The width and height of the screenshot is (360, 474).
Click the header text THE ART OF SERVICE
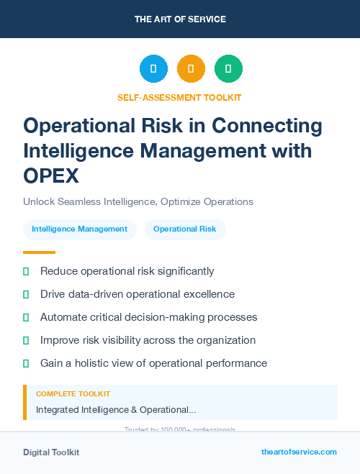pos(180,19)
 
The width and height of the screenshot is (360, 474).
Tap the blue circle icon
pos(153,69)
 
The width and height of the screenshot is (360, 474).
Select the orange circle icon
pos(191,69)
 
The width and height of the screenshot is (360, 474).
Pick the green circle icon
pos(228,69)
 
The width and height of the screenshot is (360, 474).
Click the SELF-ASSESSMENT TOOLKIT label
pos(179,97)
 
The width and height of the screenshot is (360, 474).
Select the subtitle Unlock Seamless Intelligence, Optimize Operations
pos(138,201)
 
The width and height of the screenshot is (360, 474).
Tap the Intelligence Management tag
pos(79,229)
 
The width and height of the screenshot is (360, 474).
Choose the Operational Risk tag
pos(185,229)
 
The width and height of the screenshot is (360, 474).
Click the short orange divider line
pos(39,252)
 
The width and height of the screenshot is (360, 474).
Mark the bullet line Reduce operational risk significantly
pos(127,271)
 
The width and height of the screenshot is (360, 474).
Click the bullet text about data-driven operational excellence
pos(138,294)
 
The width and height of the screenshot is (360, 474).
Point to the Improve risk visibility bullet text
pos(148,340)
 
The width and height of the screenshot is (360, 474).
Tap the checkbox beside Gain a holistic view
pos(27,363)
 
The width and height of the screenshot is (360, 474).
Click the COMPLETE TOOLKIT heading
pos(73,394)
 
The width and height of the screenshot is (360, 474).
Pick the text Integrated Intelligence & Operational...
pos(116,409)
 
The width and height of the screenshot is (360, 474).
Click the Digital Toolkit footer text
pos(51,452)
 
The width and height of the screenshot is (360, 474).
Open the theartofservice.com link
pos(299,452)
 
